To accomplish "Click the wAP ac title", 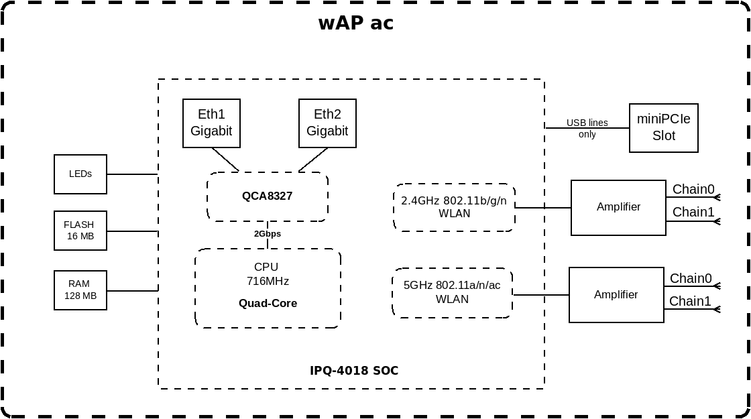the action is [x=356, y=23].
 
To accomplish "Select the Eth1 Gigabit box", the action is [x=211, y=123].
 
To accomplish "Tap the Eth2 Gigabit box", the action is [x=327, y=123].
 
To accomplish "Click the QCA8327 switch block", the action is [x=268, y=196].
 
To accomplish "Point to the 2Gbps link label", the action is [x=268, y=234].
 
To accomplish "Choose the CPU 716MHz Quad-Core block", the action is [x=268, y=288].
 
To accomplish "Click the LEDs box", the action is [x=80, y=174].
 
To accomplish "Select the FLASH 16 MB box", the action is [x=80, y=231].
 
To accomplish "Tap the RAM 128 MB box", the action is [x=80, y=290].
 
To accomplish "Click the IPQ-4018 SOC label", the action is [x=354, y=371].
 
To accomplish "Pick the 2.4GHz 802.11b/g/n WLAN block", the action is [x=454, y=207].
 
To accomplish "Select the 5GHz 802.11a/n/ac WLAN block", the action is [x=452, y=292].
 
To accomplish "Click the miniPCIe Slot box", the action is [x=663, y=128].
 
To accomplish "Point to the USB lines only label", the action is [x=587, y=128].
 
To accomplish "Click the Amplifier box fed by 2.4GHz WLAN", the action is [x=618, y=207].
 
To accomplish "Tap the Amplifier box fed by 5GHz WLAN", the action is [x=616, y=294].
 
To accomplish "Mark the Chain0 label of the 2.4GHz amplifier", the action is [x=693, y=189].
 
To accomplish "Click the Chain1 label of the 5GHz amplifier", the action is [x=690, y=301].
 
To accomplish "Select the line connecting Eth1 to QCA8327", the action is [x=225, y=160].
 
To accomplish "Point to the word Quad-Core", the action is [x=268, y=303].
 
